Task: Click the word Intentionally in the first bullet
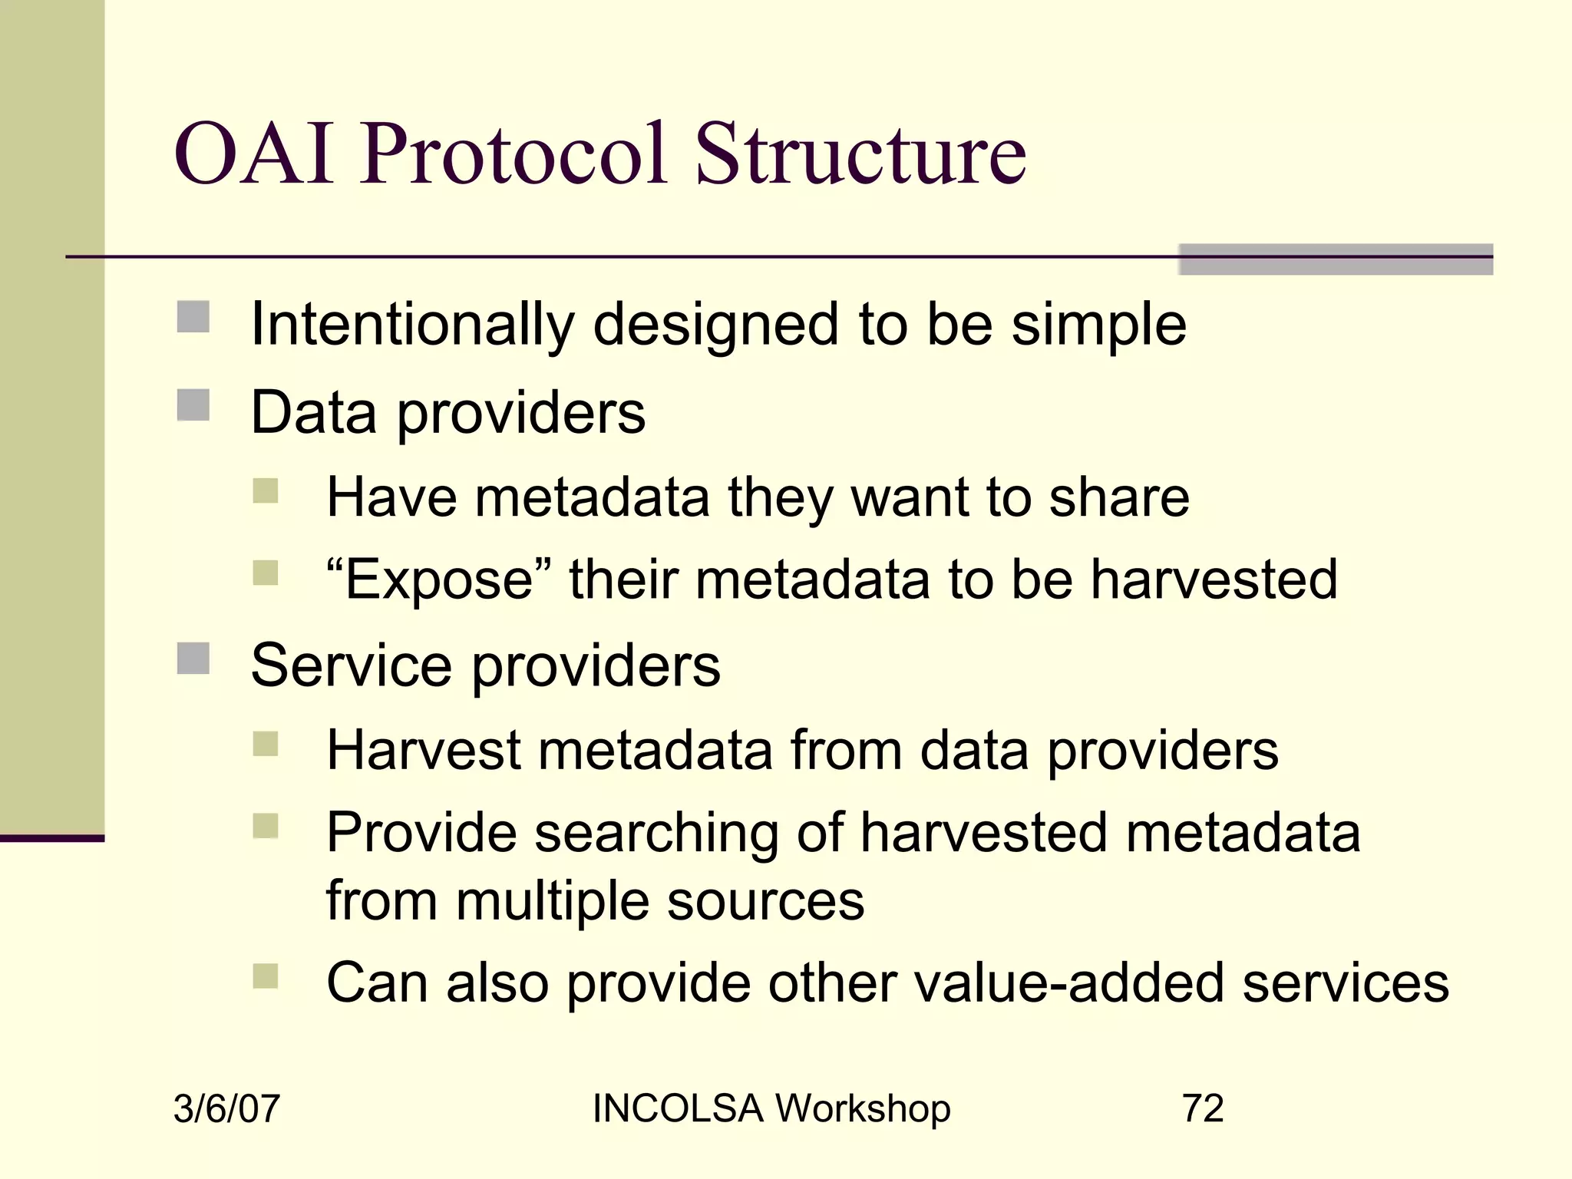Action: (x=412, y=325)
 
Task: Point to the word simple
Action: (x=1098, y=325)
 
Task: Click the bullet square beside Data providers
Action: (x=193, y=405)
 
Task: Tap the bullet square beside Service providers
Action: (x=193, y=658)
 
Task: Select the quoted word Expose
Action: (x=438, y=580)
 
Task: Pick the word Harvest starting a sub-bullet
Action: (x=424, y=749)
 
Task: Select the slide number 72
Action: (x=1203, y=1108)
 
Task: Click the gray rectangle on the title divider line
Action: (x=1335, y=259)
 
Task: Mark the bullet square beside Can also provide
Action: (x=266, y=976)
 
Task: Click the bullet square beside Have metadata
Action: (x=266, y=490)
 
